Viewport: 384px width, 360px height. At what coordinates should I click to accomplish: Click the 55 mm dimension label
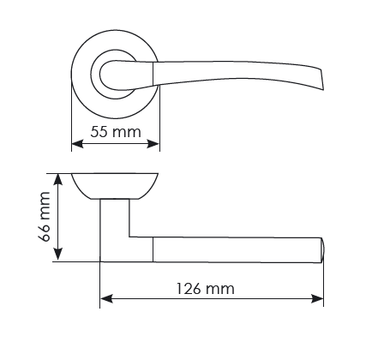click(x=116, y=132)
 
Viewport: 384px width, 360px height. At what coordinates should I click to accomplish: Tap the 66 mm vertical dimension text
click(x=45, y=217)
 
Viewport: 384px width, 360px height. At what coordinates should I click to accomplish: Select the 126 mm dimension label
click(x=205, y=289)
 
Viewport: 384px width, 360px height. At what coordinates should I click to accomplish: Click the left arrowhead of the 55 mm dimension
click(x=77, y=144)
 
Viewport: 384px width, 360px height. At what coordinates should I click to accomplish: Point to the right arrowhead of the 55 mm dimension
click(x=153, y=144)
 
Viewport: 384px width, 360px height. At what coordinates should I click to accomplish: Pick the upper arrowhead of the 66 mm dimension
click(x=58, y=179)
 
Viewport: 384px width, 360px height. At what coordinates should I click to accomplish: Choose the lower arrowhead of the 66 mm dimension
click(x=58, y=255)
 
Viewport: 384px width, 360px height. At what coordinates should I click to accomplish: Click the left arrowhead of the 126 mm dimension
click(x=106, y=299)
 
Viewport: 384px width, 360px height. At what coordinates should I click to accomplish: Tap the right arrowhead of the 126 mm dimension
click(x=317, y=299)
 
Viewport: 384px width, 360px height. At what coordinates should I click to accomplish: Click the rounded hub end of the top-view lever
click(x=105, y=75)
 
